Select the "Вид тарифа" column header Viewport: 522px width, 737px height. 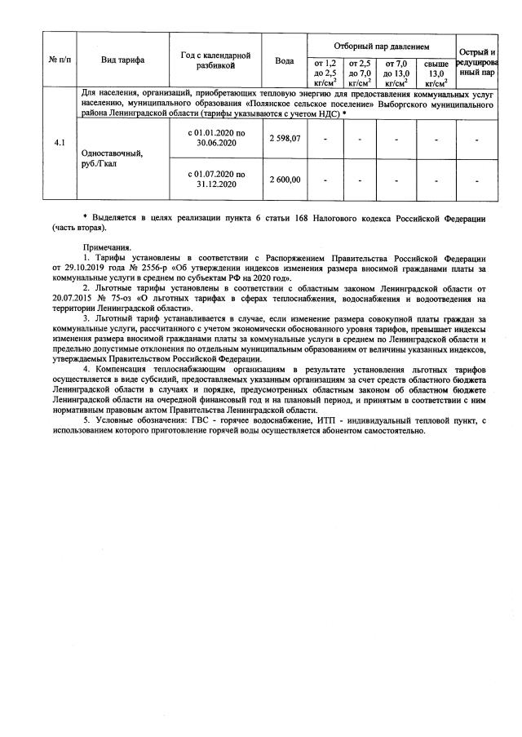pos(122,60)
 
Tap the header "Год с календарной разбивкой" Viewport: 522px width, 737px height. pos(215,60)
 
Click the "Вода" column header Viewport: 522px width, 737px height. pos(285,60)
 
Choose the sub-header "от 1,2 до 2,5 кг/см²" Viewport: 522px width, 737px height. pos(325,73)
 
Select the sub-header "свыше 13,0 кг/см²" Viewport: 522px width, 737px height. pos(436,73)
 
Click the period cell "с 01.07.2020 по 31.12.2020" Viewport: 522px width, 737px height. pos(215,180)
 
